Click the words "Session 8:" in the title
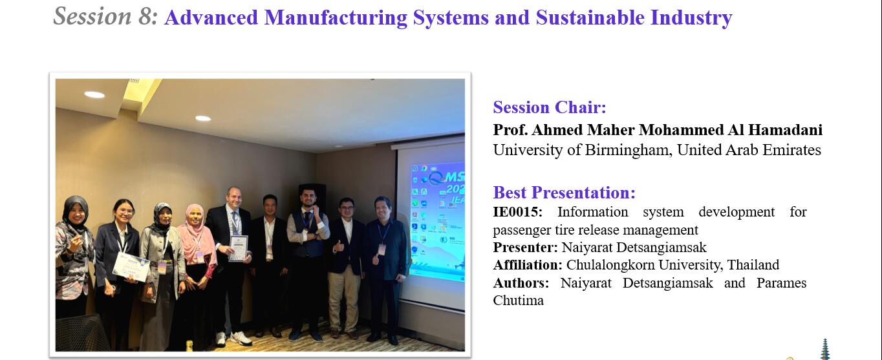click(x=105, y=17)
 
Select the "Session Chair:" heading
click(x=550, y=107)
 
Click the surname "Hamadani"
click(x=785, y=130)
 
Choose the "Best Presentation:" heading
click(x=565, y=193)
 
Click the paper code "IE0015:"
click(x=518, y=212)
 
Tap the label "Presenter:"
click(x=525, y=248)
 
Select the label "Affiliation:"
click(x=528, y=265)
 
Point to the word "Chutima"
click(x=518, y=301)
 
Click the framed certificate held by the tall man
click(x=239, y=248)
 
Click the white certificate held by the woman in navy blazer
click(x=131, y=266)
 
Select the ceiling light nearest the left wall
click(x=94, y=94)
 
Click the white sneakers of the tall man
click(x=235, y=339)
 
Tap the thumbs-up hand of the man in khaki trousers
click(x=338, y=246)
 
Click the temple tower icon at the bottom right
click(x=824, y=350)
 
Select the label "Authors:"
click(x=521, y=283)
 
